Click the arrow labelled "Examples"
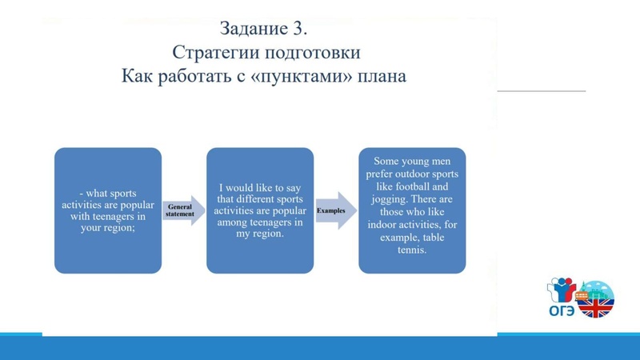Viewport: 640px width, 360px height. coord(334,210)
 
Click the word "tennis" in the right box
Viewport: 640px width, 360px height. coord(411,250)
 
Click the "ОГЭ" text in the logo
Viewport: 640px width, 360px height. coord(561,311)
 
